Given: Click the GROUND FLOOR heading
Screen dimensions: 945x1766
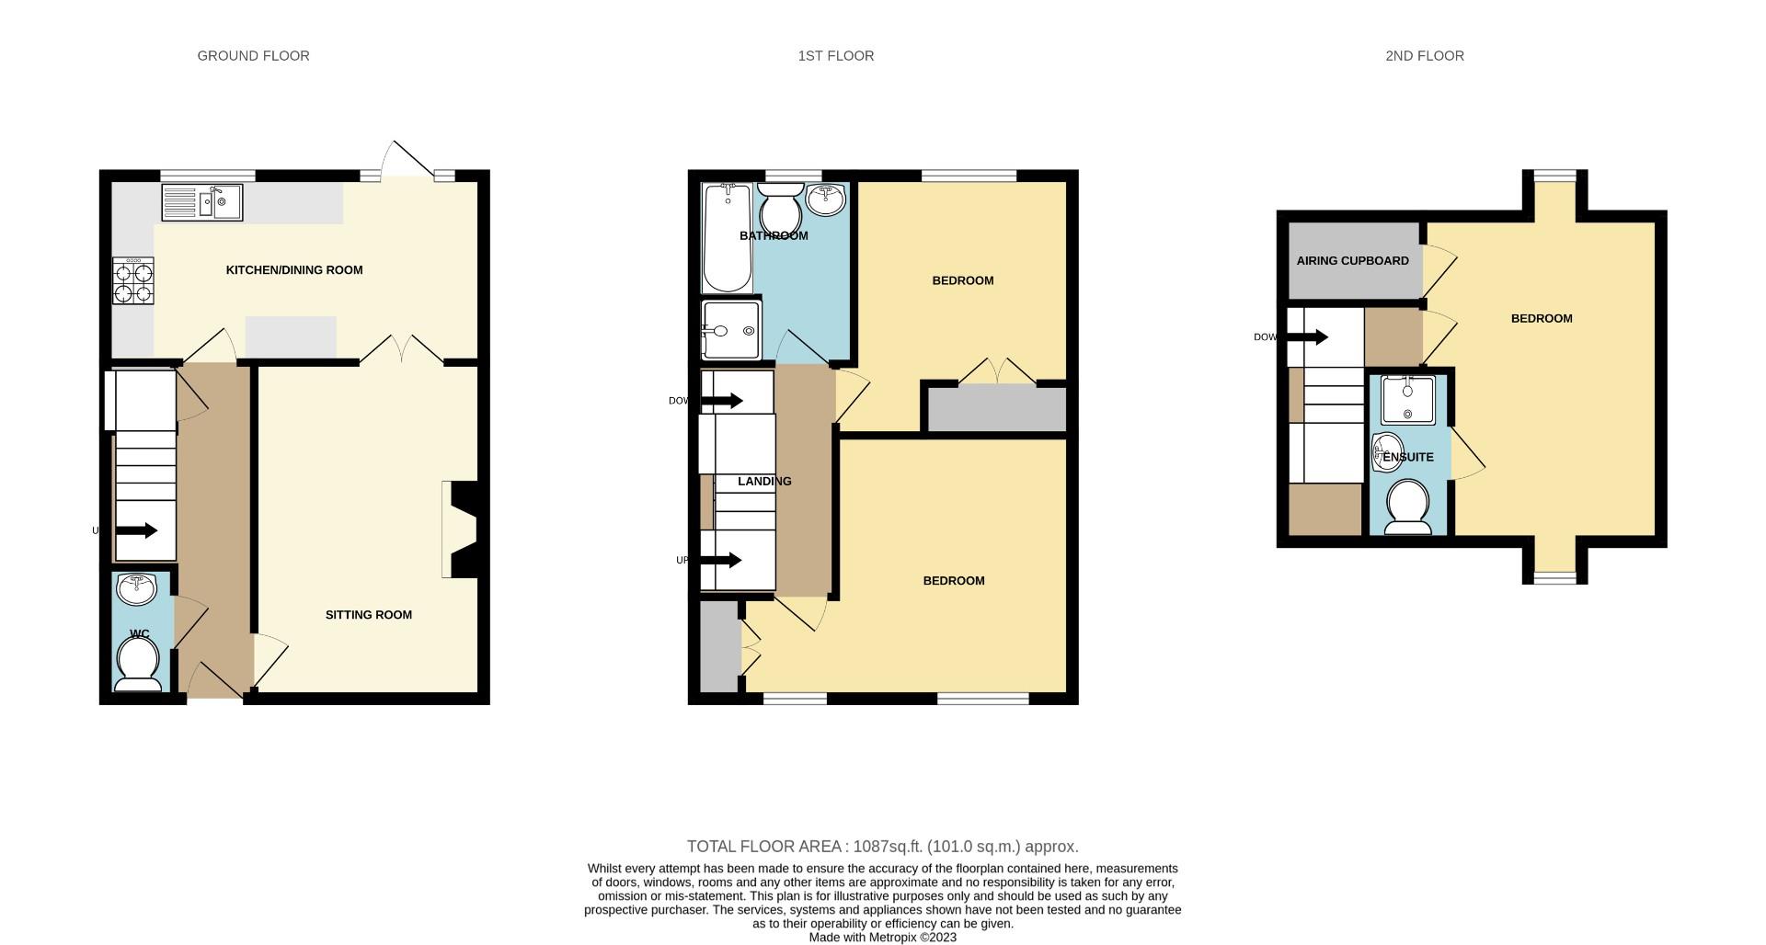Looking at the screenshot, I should click(x=253, y=56).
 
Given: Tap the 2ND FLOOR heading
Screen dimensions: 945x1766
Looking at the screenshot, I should click(x=1424, y=56).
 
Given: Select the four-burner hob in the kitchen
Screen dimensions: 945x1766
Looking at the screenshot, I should click(x=133, y=281).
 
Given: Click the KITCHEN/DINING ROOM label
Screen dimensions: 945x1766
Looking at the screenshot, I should click(x=294, y=270).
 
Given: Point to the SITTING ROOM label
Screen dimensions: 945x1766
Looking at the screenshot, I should click(x=368, y=615).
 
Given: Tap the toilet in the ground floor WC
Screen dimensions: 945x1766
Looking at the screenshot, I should click(x=139, y=664).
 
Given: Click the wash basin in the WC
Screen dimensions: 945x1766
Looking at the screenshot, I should click(x=138, y=589).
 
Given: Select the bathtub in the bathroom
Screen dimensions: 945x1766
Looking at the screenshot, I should click(x=727, y=237).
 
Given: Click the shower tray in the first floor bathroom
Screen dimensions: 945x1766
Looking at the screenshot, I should click(x=730, y=330).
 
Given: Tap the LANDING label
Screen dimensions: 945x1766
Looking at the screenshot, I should click(x=764, y=482).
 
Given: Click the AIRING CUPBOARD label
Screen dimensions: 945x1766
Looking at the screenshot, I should click(x=1352, y=261).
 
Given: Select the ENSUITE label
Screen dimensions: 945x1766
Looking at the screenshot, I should click(x=1408, y=457).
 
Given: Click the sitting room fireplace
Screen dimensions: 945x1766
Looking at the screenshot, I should click(x=460, y=530).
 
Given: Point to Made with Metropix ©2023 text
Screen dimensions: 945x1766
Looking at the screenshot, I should click(x=882, y=938).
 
